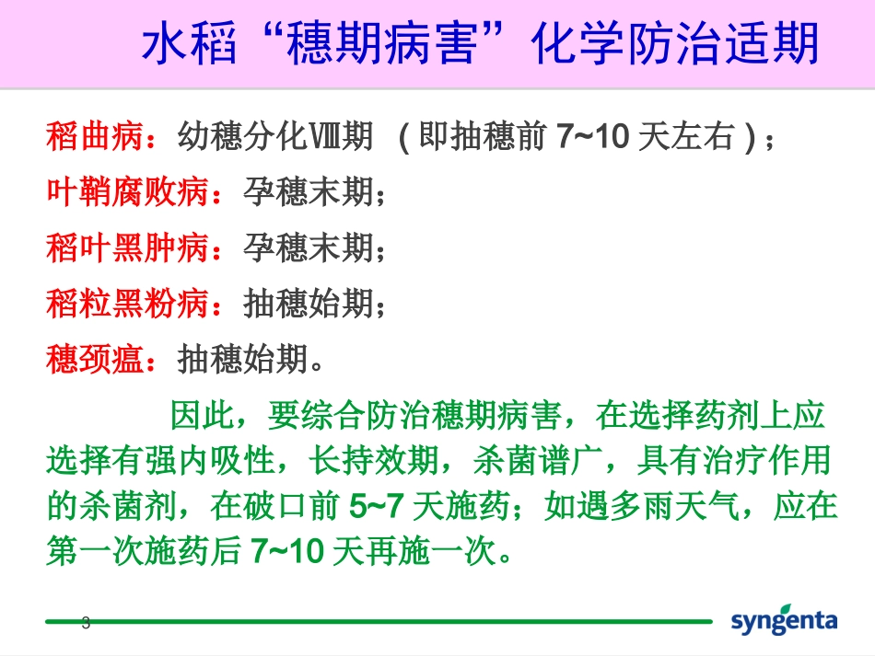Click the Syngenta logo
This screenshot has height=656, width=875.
coord(785,619)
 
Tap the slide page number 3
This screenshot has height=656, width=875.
coord(87,622)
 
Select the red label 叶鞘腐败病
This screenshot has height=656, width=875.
coord(128,193)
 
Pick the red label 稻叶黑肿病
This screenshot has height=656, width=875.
coord(128,248)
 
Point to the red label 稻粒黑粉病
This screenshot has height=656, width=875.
coord(128,304)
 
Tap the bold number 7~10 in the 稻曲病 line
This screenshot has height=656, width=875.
coord(594,138)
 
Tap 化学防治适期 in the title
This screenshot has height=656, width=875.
coord(676,44)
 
